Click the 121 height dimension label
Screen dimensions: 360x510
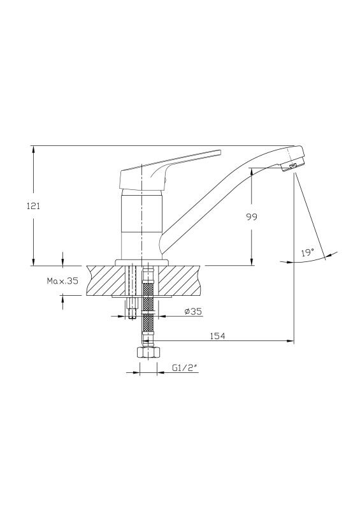33,206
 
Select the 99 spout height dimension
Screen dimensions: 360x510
252,217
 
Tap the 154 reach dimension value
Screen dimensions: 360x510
217,336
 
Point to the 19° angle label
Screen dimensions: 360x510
307,252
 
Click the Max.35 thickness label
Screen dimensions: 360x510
62,281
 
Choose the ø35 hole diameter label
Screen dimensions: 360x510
193,312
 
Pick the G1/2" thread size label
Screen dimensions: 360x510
185,368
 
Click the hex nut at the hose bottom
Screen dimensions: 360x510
148,353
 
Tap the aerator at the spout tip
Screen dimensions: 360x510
292,166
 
